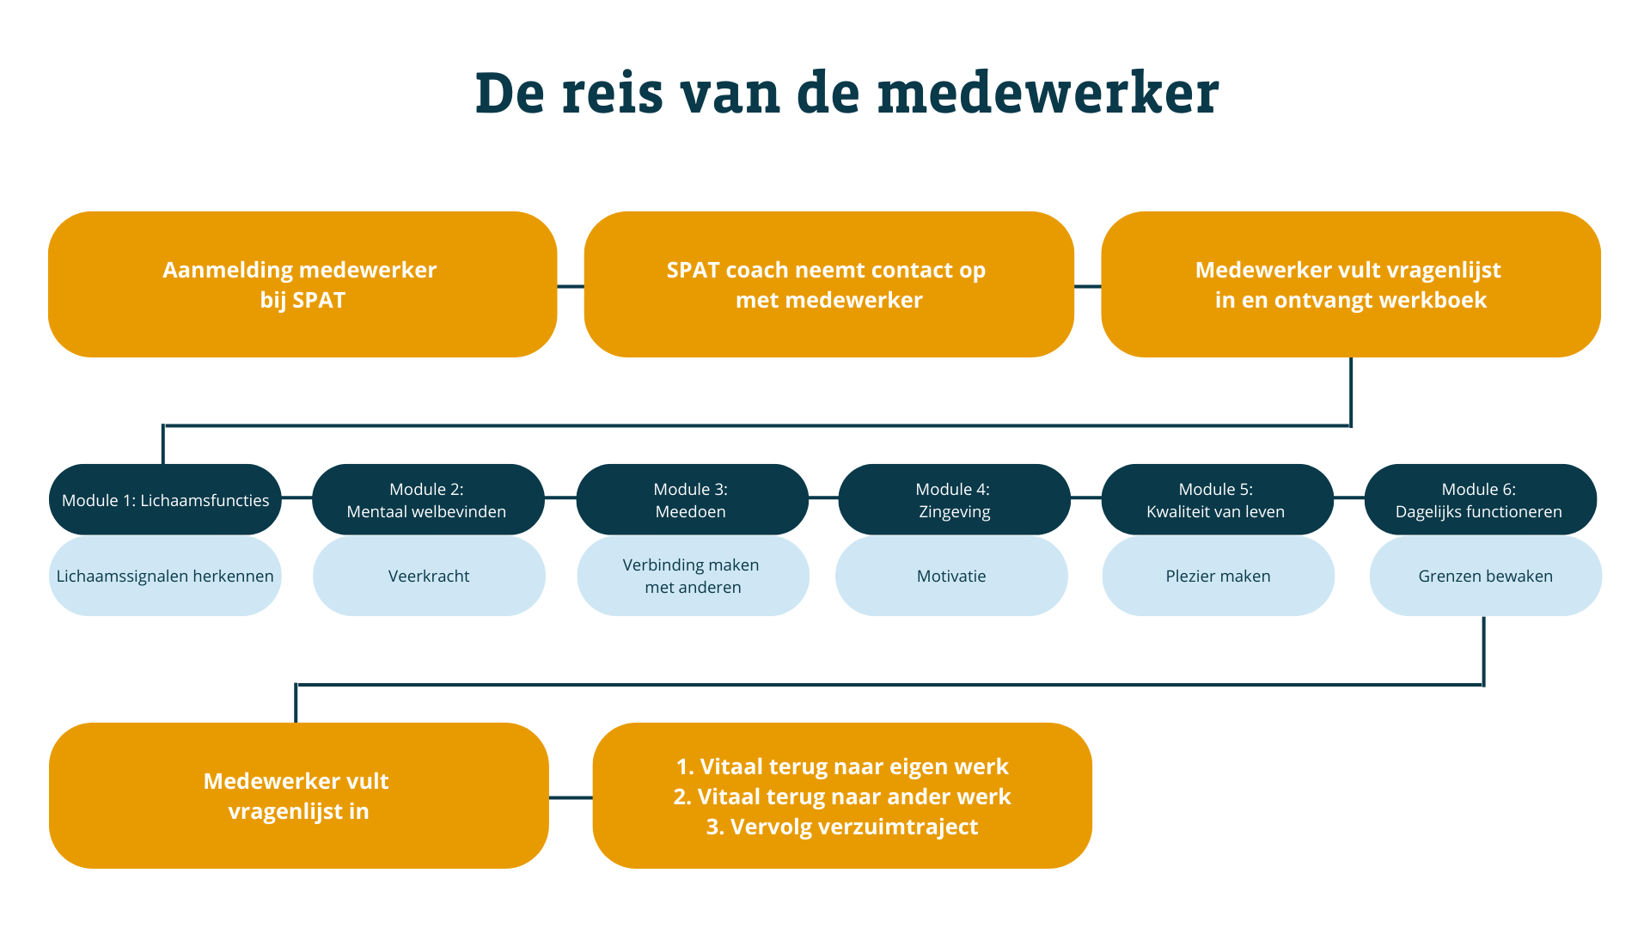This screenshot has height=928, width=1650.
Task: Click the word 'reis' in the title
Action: click(x=613, y=93)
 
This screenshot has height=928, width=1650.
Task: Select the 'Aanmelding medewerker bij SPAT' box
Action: click(x=302, y=284)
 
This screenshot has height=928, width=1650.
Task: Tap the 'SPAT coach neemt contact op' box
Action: click(x=829, y=284)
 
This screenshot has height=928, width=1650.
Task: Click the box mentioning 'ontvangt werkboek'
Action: click(x=1351, y=284)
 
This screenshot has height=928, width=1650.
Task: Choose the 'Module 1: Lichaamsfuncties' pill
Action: click(x=165, y=500)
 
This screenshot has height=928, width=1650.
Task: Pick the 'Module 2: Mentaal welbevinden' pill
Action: click(x=428, y=500)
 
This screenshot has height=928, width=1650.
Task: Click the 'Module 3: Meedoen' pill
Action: click(x=692, y=500)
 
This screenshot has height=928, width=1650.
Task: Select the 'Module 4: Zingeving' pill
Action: click(x=954, y=500)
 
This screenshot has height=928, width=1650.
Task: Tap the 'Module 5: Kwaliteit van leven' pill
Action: click(x=1217, y=500)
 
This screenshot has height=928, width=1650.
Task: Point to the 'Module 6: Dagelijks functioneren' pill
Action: click(x=1480, y=500)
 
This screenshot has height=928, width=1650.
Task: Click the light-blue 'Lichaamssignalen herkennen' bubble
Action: click(x=165, y=576)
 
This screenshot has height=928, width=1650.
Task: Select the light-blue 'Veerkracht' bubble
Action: click(x=429, y=576)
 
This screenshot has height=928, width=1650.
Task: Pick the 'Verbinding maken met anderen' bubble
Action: click(x=693, y=576)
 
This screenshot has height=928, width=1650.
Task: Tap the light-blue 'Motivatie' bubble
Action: click(x=951, y=576)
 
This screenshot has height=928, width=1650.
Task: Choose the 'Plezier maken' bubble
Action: click(x=1218, y=576)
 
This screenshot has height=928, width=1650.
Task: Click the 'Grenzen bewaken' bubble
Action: click(x=1485, y=576)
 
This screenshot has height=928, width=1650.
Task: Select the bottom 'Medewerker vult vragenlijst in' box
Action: click(x=299, y=796)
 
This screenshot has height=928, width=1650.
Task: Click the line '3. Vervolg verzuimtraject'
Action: click(x=842, y=827)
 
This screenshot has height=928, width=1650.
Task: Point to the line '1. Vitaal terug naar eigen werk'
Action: click(x=842, y=766)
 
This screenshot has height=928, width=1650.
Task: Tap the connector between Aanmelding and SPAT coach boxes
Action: click(x=571, y=286)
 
